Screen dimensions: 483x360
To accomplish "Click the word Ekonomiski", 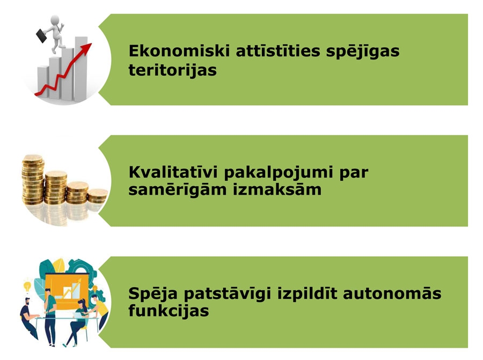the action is tap(179, 51).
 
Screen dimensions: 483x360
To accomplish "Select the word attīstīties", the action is tap(278, 51).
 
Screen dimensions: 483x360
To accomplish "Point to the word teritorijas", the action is tap(172, 70).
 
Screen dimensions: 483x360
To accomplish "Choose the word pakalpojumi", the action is tap(279, 174).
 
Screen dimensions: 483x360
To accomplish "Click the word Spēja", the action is tap(153, 295).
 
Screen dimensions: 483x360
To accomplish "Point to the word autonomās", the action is tap(392, 293).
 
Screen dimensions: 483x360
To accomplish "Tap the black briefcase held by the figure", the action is tap(42, 36).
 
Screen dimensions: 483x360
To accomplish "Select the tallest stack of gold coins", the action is tap(33, 180).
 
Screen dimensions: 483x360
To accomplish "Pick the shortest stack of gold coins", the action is tap(98, 196).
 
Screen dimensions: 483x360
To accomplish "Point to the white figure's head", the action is tap(55, 20).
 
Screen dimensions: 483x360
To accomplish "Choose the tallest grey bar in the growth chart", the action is tap(81, 69).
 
